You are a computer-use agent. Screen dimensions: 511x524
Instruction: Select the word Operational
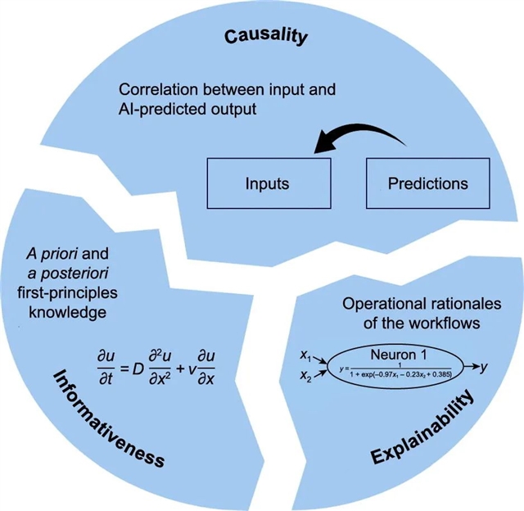[370, 302]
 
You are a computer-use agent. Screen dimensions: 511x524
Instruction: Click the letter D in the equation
[129, 358]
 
